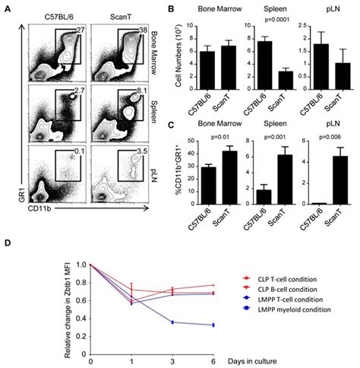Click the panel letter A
(x=6, y=6)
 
